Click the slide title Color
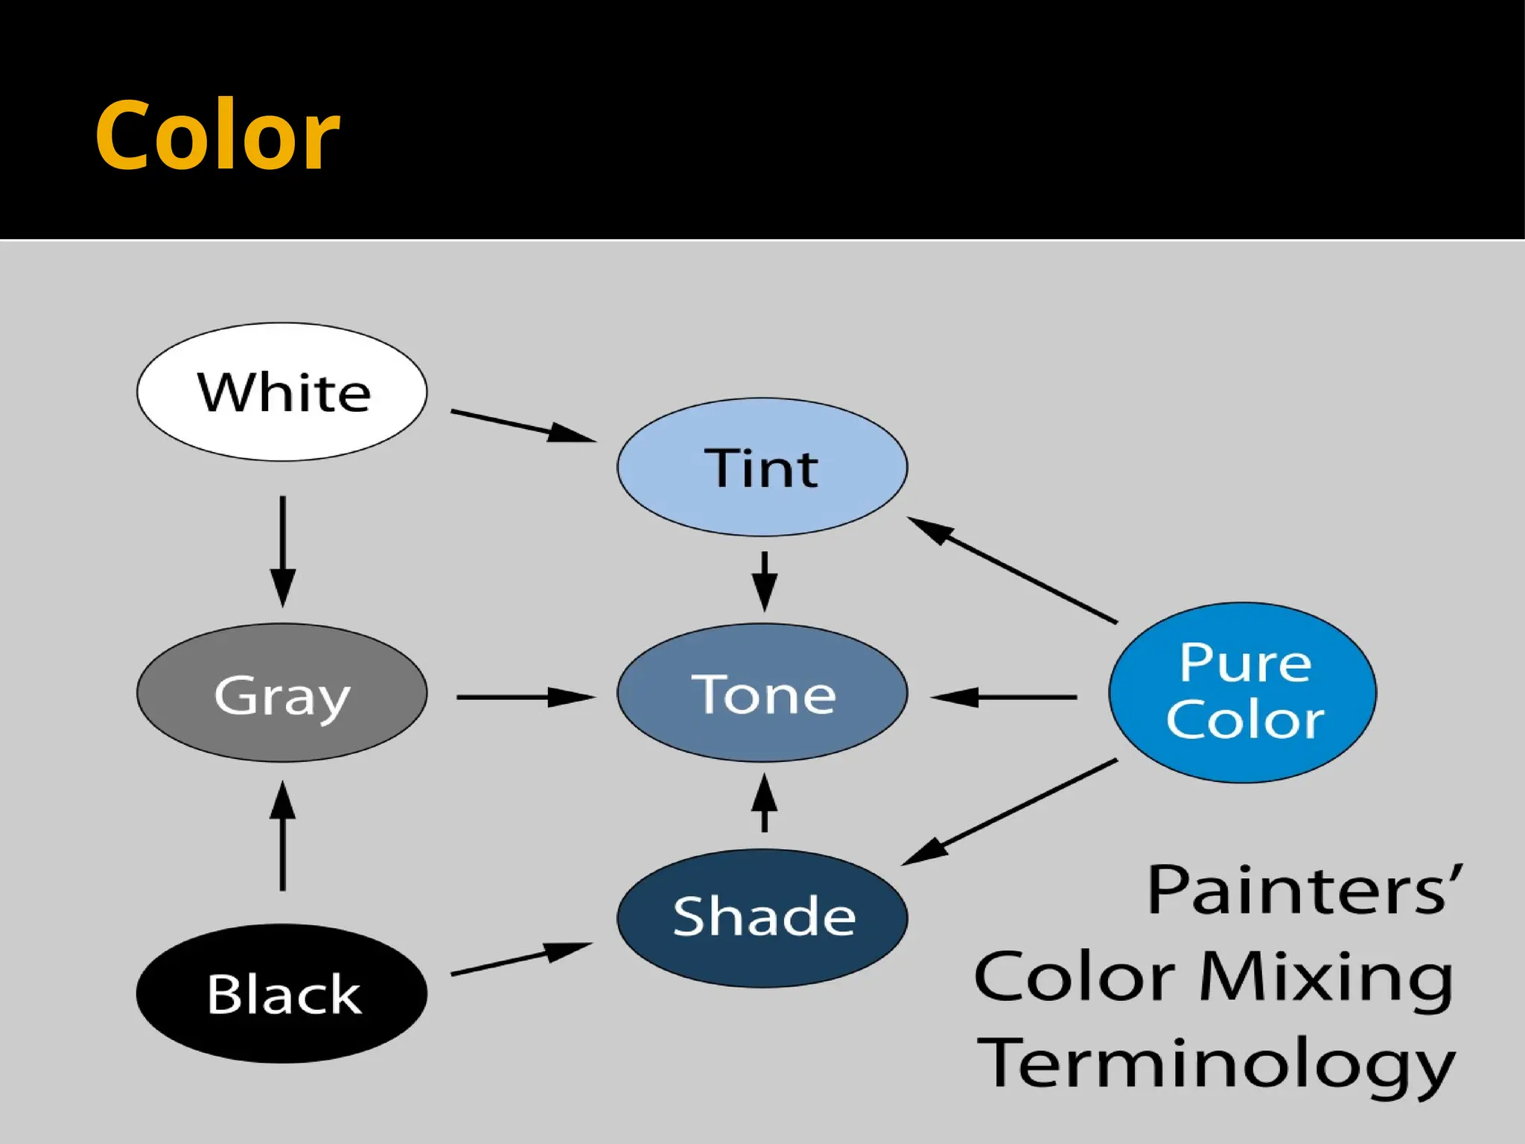click(217, 136)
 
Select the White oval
click(282, 392)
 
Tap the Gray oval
click(282, 693)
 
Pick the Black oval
click(282, 994)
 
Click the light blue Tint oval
click(762, 468)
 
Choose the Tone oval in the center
click(762, 693)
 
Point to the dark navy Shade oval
click(762, 918)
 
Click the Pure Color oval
click(1242, 693)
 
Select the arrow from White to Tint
click(523, 426)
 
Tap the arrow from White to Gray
click(282, 551)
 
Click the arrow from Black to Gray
click(282, 836)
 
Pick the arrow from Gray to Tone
click(526, 697)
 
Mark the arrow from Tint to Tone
click(764, 581)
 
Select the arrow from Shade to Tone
click(764, 803)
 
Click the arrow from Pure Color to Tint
click(1013, 570)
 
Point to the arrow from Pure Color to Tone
click(1004, 697)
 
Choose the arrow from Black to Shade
click(521, 959)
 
